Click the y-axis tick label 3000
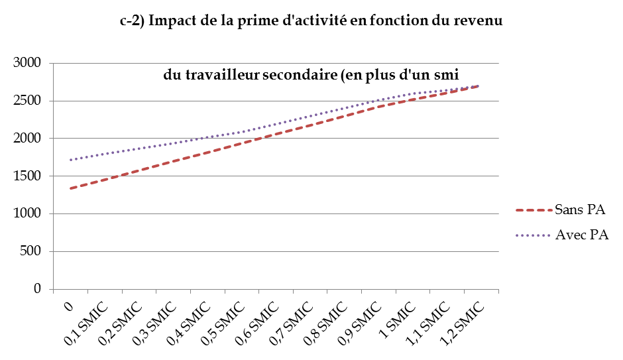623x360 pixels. point(27,63)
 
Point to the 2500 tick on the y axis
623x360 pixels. point(27,101)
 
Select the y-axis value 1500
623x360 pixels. point(27,176)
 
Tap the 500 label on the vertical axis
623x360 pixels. point(32,252)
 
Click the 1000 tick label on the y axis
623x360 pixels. point(27,214)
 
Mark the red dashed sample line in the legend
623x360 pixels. point(534,211)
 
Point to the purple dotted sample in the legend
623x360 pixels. point(534,235)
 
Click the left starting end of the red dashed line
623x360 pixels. point(70,188)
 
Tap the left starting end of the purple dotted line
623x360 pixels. point(70,160)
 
